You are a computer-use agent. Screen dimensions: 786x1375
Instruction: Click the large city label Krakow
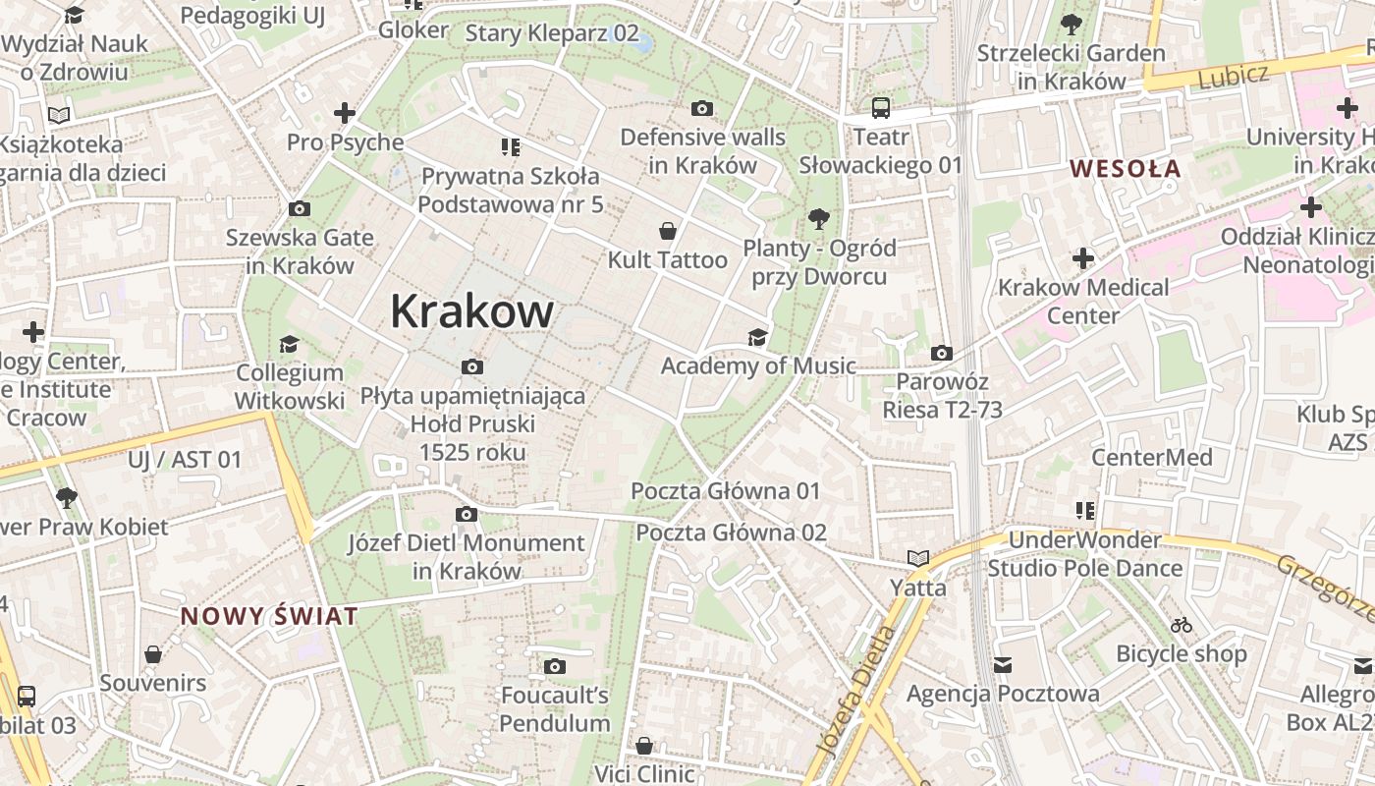(471, 311)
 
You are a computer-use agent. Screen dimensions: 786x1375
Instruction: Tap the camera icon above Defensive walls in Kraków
(702, 108)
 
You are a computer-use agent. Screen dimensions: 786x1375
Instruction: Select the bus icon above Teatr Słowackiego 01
(880, 108)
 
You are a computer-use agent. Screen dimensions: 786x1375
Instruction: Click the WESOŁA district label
(1125, 168)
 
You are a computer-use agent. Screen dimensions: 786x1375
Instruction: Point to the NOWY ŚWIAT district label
(269, 617)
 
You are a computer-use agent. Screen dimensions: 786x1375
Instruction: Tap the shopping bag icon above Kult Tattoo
(668, 231)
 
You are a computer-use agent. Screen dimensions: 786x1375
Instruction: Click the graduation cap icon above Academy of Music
(757, 338)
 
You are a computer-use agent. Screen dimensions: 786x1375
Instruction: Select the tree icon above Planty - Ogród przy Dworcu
(818, 218)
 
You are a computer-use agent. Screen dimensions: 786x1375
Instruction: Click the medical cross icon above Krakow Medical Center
(1083, 258)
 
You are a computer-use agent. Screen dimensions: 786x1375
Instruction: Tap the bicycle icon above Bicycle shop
(1182, 625)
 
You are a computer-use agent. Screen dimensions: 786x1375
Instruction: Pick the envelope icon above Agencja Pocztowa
(1003, 665)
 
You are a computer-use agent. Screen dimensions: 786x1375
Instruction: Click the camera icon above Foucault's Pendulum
(555, 667)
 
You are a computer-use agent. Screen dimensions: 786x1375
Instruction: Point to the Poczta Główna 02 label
(731, 533)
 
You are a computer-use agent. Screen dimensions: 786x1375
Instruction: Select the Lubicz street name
(1234, 76)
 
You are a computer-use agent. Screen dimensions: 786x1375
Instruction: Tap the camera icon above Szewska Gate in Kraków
(300, 208)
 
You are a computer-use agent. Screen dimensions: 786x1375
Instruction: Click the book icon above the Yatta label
(918, 559)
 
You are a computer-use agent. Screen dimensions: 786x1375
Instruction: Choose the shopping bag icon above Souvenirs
(153, 654)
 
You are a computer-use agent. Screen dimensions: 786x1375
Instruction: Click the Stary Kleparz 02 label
(552, 33)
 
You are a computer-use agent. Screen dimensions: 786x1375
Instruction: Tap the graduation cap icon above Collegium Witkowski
(289, 344)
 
